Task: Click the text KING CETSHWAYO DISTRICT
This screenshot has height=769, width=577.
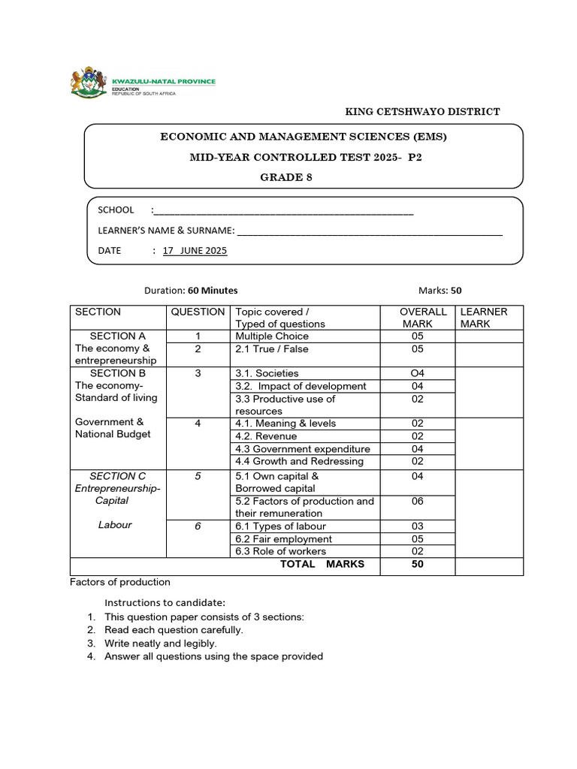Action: pos(422,112)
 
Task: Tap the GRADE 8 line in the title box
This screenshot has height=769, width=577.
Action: pos(285,178)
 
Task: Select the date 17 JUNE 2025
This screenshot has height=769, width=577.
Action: pos(195,251)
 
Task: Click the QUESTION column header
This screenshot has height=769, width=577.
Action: pos(198,312)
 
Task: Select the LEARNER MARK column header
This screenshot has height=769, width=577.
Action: pos(483,318)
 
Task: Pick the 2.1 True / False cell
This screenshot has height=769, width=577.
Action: pos(272,349)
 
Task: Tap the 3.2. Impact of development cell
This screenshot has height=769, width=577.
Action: pos(301,386)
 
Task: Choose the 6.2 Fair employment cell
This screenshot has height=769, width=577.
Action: pos(283,539)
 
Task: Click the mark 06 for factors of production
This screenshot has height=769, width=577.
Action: pos(418,502)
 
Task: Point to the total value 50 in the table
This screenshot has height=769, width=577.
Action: pos(418,564)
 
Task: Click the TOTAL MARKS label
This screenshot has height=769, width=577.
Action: pos(322,564)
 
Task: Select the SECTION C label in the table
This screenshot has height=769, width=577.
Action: pos(117,476)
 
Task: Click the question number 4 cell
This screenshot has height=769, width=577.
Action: pos(198,424)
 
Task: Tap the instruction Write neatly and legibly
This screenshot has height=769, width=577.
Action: pos(161,644)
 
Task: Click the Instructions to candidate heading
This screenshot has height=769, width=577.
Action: pos(165,602)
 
